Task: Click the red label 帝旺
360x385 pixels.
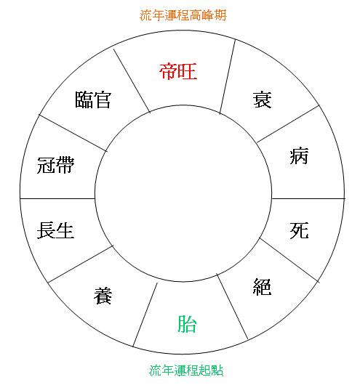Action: [178, 71]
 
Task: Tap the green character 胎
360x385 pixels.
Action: [187, 323]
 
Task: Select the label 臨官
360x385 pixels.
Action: [93, 100]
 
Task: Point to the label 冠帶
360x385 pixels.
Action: [55, 165]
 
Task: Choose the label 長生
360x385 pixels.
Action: [55, 230]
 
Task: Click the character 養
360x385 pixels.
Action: [103, 296]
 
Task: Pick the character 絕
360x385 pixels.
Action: [262, 286]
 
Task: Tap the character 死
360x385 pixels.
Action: [299, 230]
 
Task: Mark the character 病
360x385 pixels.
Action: [299, 155]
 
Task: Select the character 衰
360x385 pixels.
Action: [262, 100]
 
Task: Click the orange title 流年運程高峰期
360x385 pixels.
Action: [183, 15]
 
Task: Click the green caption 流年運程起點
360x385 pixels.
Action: [186, 370]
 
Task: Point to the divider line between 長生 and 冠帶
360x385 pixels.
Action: [57, 198]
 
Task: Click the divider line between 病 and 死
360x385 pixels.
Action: [308, 198]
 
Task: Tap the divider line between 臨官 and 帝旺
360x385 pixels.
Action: [132, 81]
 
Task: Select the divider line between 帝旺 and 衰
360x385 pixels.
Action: [228, 76]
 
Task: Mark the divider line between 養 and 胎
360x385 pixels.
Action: [145, 315]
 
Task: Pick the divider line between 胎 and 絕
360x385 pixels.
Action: [232, 306]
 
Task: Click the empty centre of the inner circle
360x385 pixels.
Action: [183, 193]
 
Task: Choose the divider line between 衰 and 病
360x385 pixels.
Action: [288, 123]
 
